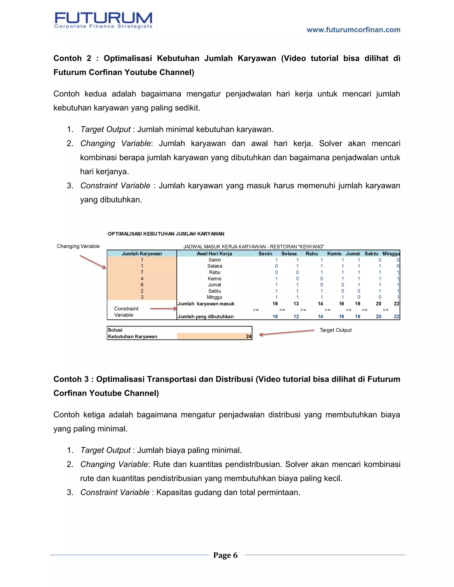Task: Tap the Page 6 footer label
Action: [x=225, y=555]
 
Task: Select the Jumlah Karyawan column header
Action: [x=142, y=253]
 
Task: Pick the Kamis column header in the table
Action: [x=334, y=253]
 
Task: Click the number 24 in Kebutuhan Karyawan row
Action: [x=249, y=336]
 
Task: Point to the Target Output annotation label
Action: [x=335, y=330]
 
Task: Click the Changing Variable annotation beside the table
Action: [x=78, y=246]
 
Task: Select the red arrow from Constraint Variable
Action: [x=163, y=309]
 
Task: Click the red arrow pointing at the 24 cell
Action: [x=286, y=332]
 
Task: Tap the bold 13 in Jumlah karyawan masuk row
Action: [x=296, y=304]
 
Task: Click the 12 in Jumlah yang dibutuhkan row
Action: [x=296, y=316]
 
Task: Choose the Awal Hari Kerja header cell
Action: [x=214, y=253]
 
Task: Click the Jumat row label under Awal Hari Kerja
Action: [x=214, y=285]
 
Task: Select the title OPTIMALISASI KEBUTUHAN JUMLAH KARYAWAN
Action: [x=166, y=234]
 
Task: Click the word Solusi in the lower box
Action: [x=115, y=330]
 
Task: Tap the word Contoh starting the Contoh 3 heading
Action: [x=67, y=379]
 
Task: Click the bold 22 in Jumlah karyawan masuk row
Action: [x=396, y=304]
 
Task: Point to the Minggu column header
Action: [x=391, y=253]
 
